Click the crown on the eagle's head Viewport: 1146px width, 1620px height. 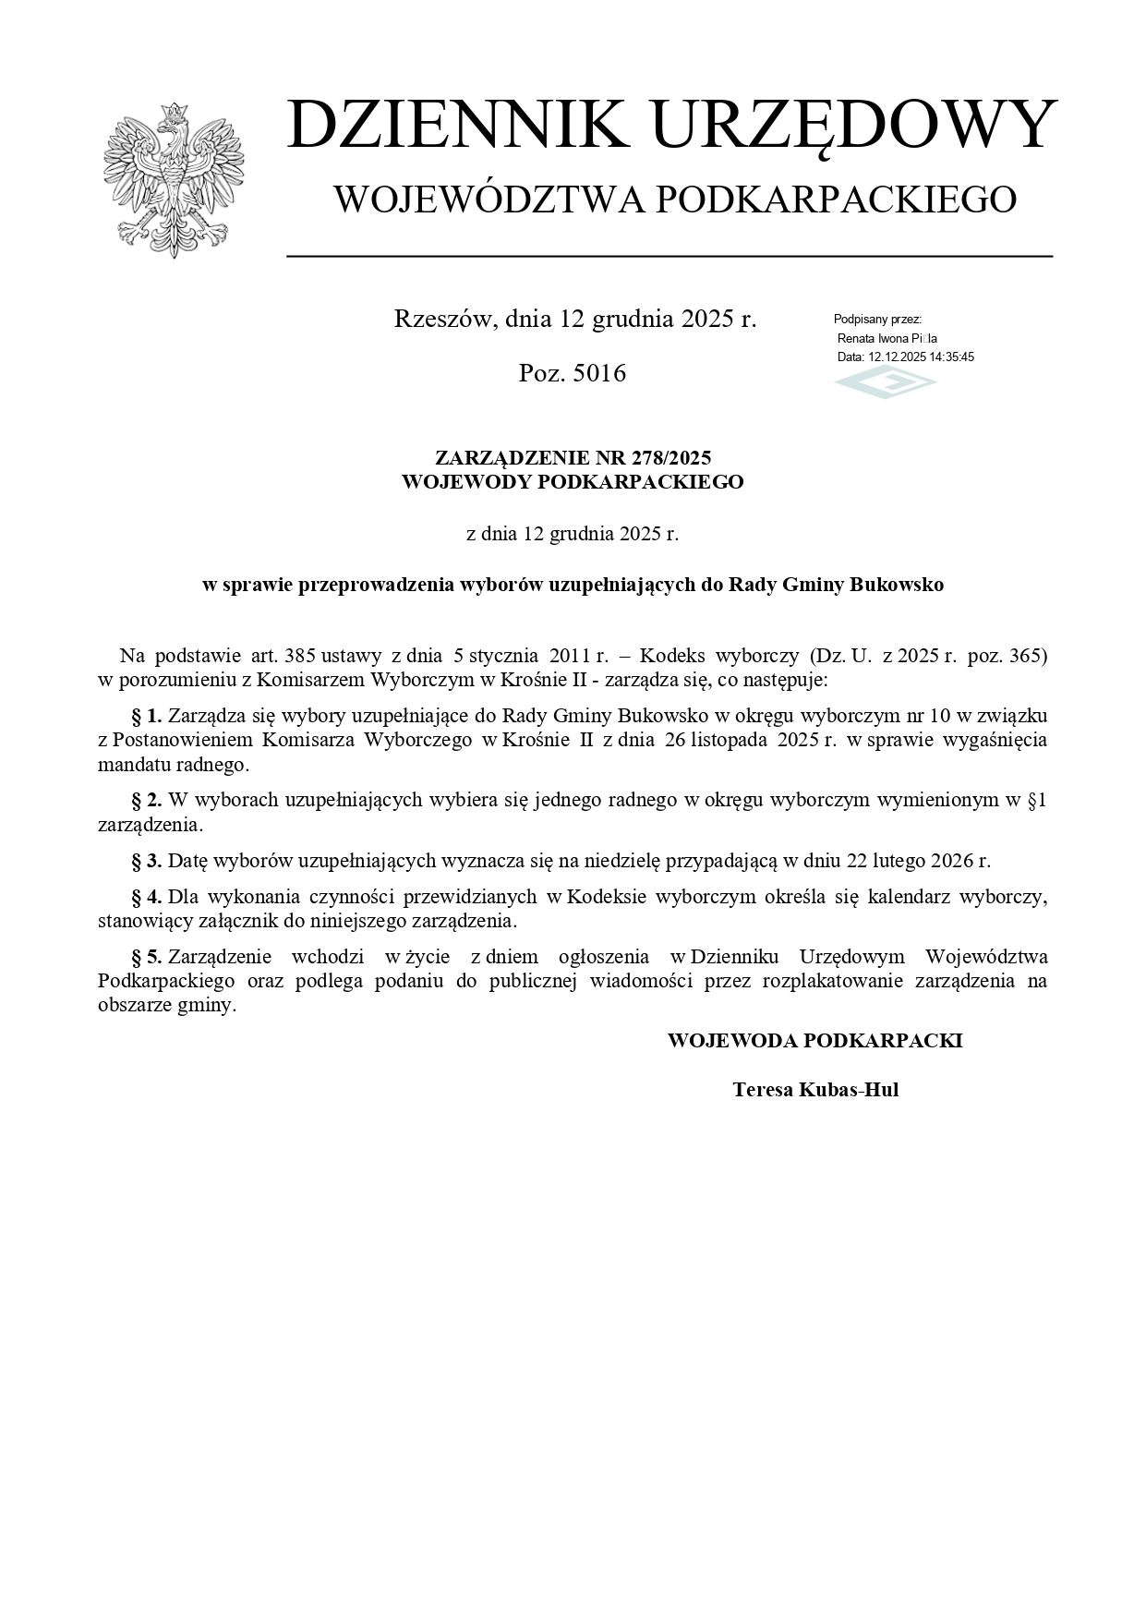172,112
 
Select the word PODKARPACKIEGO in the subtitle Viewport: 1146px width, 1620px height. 836,199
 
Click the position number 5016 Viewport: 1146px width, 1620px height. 599,373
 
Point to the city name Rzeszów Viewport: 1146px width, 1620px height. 446,320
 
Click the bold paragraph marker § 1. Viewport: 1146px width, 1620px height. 147,715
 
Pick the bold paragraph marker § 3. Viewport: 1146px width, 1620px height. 147,861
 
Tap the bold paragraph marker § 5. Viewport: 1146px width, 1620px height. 147,956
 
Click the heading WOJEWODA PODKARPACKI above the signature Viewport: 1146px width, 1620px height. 814,1041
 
